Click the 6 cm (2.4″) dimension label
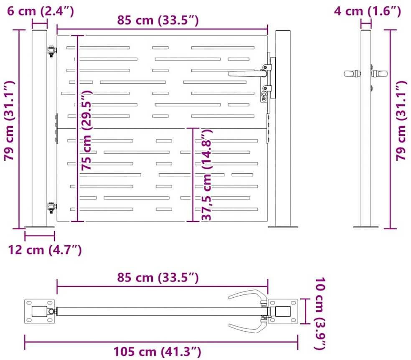click(41, 11)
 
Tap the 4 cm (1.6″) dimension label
click(367, 11)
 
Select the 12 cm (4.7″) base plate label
click(45, 250)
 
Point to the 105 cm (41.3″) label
click(157, 352)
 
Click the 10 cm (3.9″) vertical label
click(320, 313)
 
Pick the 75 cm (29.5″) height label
click(86, 130)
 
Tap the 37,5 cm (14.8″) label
click(207, 175)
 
